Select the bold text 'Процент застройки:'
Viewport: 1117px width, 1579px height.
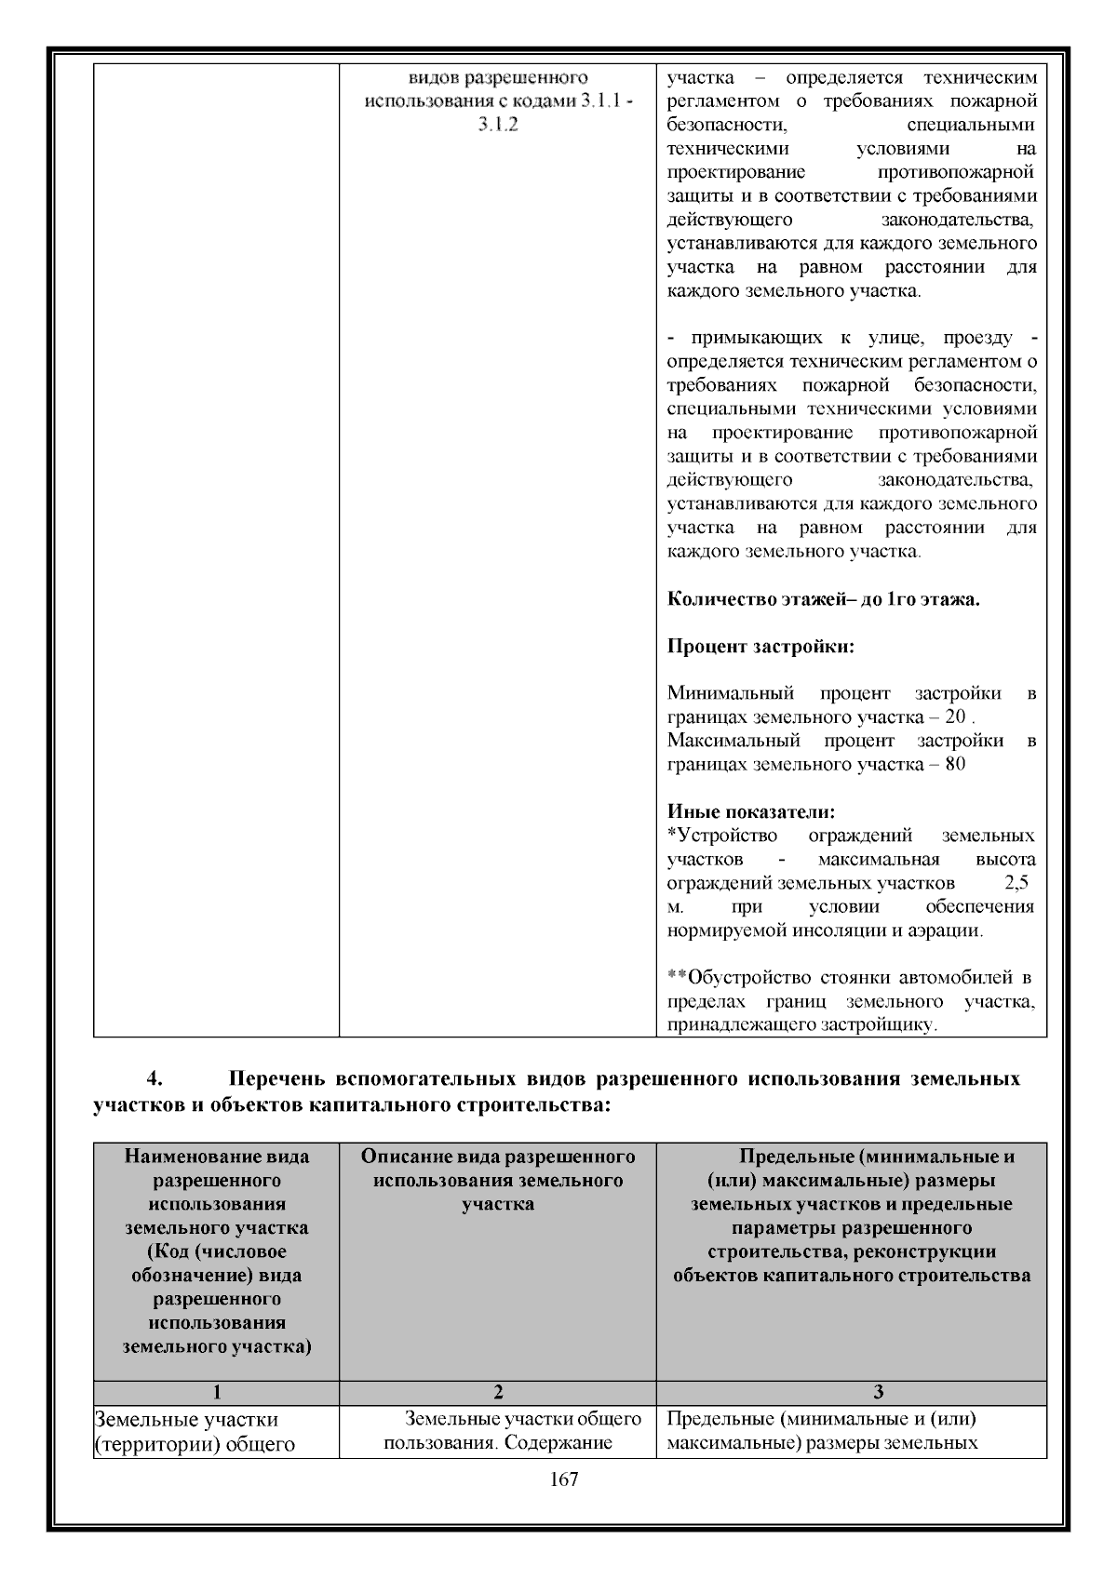[x=760, y=646]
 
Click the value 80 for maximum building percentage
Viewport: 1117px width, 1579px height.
[x=955, y=764]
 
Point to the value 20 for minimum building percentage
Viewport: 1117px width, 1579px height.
[x=954, y=717]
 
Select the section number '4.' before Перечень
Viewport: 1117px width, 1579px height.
[x=155, y=1079]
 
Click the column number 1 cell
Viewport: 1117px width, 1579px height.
[x=216, y=1392]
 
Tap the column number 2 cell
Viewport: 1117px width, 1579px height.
[x=498, y=1392]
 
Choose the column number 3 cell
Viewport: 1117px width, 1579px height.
[x=878, y=1392]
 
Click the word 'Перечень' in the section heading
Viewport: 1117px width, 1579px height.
[x=276, y=1079]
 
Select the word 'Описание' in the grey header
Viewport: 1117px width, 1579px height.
[x=399, y=1157]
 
